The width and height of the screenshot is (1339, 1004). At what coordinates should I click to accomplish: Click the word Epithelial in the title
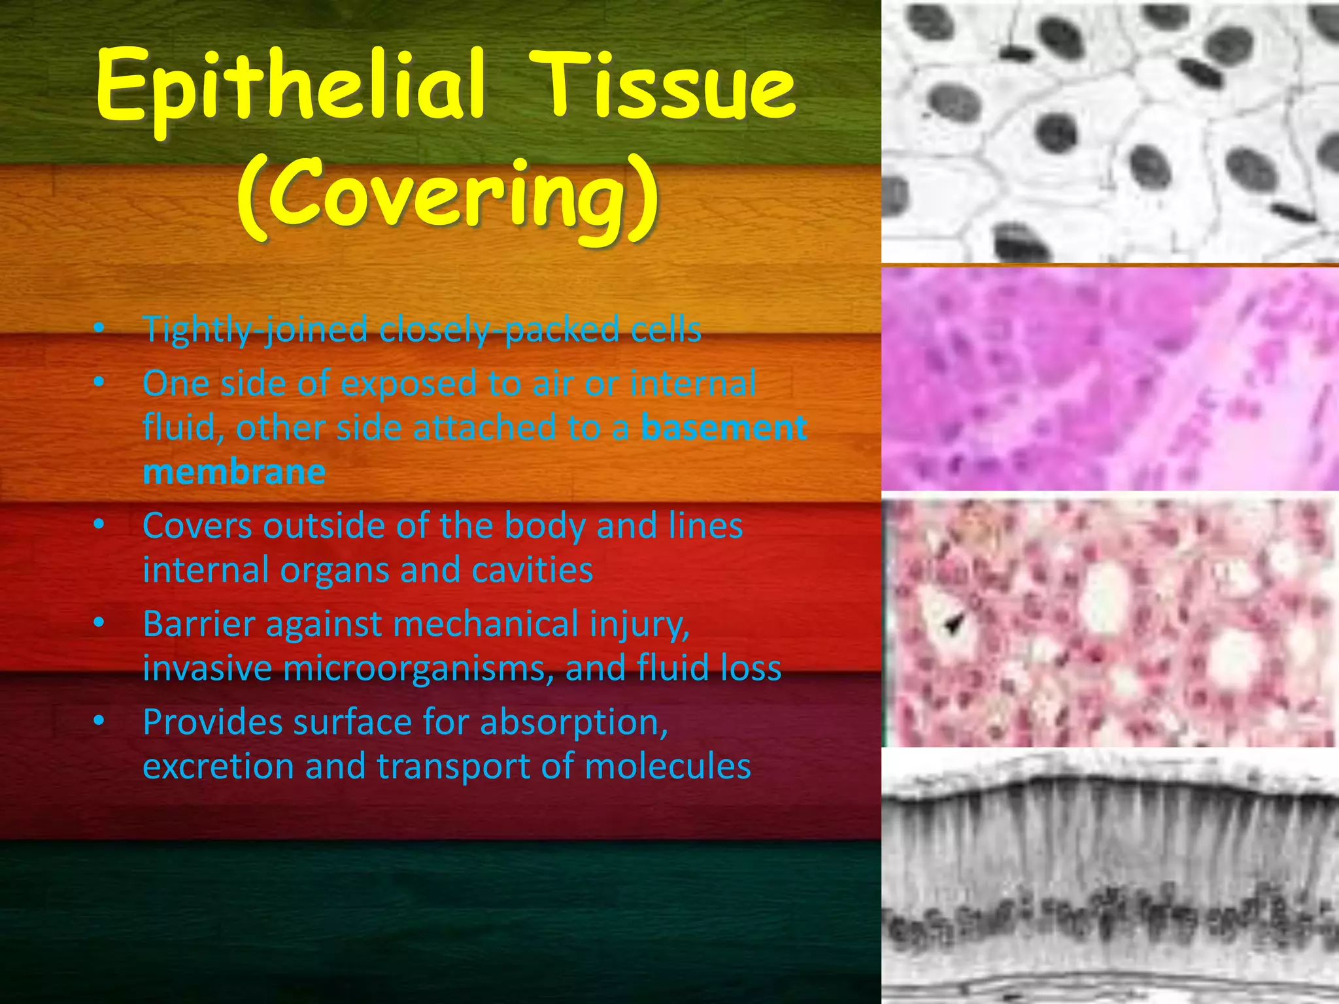coord(291,88)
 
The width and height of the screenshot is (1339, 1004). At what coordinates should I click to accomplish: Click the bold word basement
coord(724,428)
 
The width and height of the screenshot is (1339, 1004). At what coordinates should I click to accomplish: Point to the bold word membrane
coord(234,472)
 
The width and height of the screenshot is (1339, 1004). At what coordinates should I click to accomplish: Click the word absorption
coord(574,723)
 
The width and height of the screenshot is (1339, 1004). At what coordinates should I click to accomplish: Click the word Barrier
coord(199,624)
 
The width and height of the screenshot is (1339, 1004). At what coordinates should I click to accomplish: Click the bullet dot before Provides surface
coord(99,721)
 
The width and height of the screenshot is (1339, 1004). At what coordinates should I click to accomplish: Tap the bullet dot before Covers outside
coord(99,524)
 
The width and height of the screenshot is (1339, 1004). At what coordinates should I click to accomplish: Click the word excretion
coord(218,767)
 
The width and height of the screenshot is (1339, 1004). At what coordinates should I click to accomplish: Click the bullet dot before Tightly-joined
coord(99,329)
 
